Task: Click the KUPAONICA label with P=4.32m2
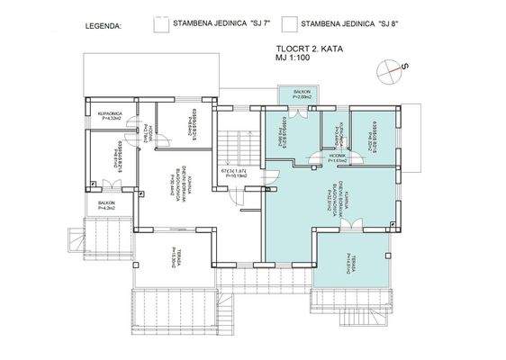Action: click(x=109, y=115)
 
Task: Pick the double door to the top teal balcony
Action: click(x=300, y=108)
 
